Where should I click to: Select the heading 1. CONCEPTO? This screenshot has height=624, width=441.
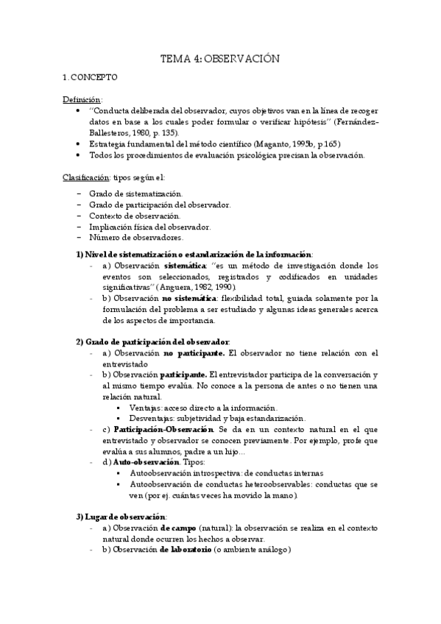click(x=91, y=77)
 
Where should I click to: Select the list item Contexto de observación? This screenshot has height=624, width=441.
click(x=135, y=216)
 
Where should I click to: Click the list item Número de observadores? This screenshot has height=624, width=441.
click(x=137, y=238)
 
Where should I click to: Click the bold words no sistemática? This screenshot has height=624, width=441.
click(x=190, y=299)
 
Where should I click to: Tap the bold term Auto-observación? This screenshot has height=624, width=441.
click(x=148, y=463)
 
